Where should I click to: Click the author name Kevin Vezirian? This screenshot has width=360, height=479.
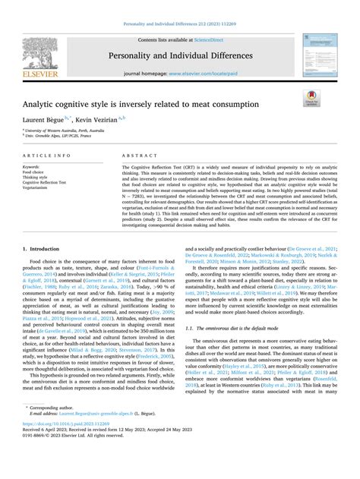point(98,120)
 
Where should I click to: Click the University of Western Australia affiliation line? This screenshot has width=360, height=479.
point(64,131)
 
